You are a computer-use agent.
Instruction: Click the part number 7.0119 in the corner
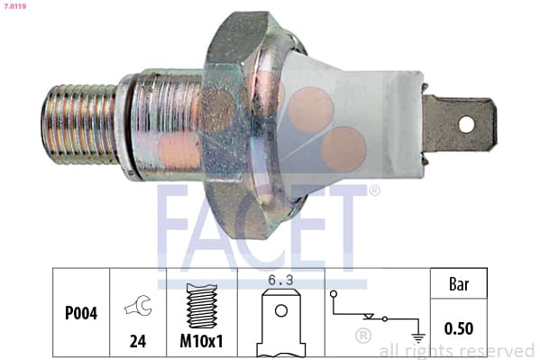[14, 5]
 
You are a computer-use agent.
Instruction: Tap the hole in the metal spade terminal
[466, 125]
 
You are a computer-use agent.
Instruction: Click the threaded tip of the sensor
[79, 125]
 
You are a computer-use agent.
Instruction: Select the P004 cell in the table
[81, 313]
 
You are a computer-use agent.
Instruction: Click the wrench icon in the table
[138, 305]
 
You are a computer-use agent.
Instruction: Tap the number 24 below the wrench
[138, 341]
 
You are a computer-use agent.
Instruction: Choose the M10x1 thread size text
[201, 341]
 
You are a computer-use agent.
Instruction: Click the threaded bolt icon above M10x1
[202, 306]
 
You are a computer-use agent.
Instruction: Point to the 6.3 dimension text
[280, 281]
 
